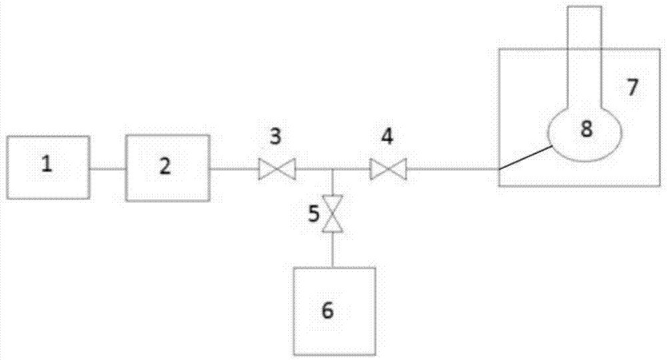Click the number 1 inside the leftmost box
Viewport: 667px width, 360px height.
tap(47, 165)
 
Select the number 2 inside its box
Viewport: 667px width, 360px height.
tap(164, 166)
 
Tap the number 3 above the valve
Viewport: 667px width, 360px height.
tap(275, 137)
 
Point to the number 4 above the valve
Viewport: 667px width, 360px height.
tap(387, 137)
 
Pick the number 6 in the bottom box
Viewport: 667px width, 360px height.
tap(327, 309)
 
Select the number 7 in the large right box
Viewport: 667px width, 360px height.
tap(632, 86)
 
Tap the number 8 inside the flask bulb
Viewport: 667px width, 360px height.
tap(586, 129)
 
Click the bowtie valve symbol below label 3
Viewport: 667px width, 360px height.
tap(277, 169)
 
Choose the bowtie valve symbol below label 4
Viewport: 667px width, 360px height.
tap(388, 169)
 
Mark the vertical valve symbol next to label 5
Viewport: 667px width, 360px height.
tap(332, 214)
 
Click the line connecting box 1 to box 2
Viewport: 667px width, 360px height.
tap(108, 169)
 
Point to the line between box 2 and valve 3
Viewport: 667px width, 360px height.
tap(234, 169)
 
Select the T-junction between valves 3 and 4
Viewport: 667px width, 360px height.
tap(332, 169)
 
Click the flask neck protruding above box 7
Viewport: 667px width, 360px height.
tap(584, 27)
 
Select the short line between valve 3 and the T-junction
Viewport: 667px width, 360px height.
tap(313, 169)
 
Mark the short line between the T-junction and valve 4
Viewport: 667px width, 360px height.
tap(352, 169)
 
